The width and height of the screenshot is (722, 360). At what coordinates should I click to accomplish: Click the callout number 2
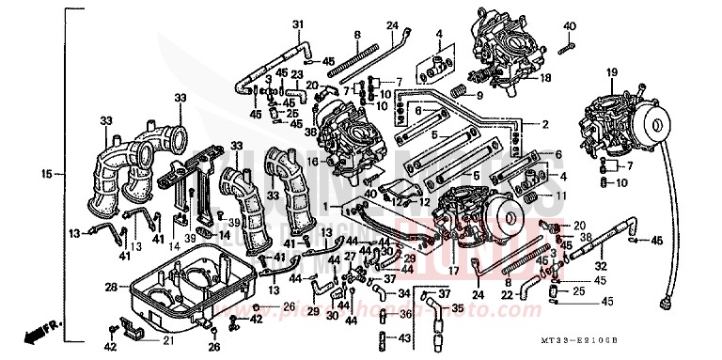click(x=544, y=124)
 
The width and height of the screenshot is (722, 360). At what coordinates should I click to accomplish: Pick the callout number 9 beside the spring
click(x=479, y=95)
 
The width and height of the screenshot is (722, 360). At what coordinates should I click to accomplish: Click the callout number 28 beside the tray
click(x=111, y=287)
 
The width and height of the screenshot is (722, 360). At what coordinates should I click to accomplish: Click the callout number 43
click(x=404, y=337)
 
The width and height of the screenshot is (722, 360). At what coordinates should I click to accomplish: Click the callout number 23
click(x=296, y=74)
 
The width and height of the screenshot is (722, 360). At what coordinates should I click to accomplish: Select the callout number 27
click(x=350, y=257)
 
